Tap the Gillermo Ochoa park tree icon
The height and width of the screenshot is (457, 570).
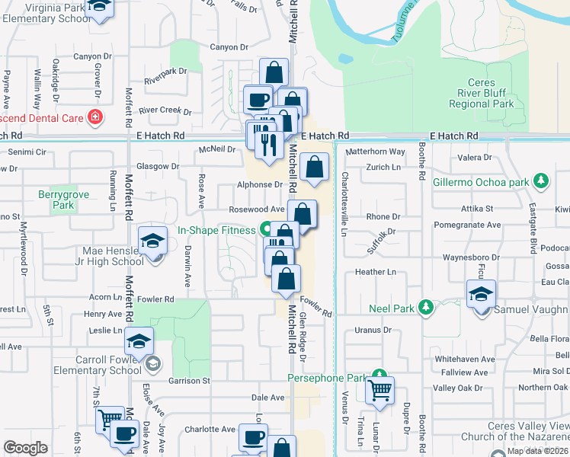pyautogui.click(x=541, y=181)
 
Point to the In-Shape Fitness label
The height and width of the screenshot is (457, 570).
pyautogui.click(x=216, y=229)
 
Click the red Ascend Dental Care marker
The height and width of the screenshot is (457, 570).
pyautogui.click(x=94, y=117)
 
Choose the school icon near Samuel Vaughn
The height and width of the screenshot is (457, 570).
pyautogui.click(x=482, y=292)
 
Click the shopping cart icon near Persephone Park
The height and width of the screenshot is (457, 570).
pyautogui.click(x=379, y=390)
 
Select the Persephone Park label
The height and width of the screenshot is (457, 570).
pyautogui.click(x=328, y=378)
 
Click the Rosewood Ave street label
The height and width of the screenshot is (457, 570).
pyautogui.click(x=257, y=209)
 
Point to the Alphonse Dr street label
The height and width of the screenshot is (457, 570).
pyautogui.click(x=259, y=184)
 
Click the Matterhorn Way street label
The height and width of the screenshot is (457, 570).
pyautogui.click(x=376, y=152)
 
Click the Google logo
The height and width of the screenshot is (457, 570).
pyautogui.click(x=25, y=447)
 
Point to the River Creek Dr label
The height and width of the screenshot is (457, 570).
pyautogui.click(x=165, y=110)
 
